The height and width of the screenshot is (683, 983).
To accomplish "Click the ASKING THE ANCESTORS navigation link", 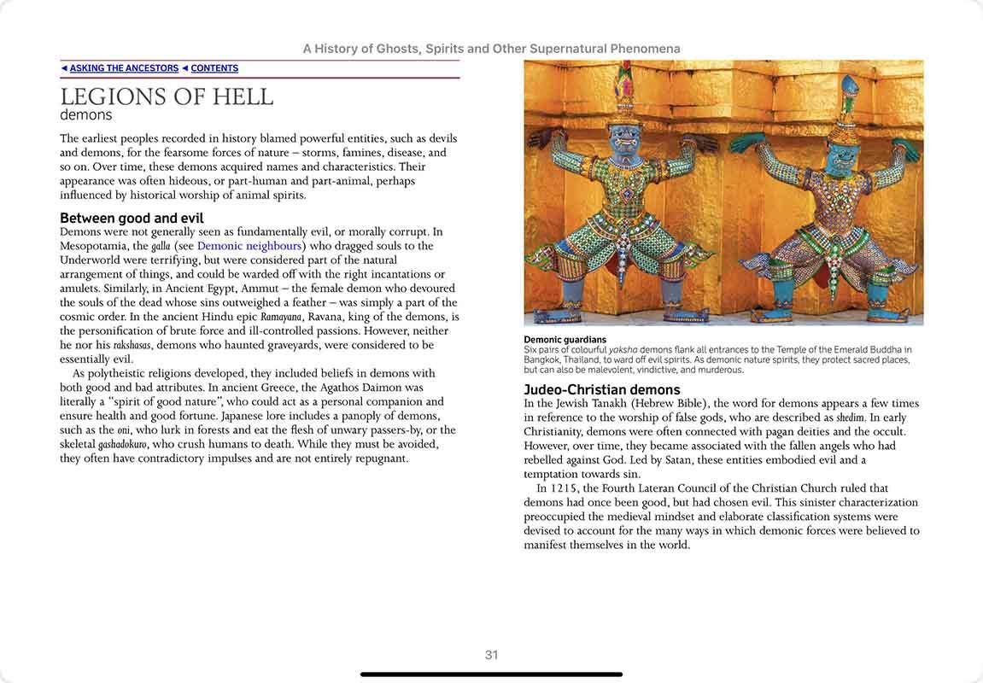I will [124, 68].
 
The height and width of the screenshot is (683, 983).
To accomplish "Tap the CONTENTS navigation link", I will [214, 68].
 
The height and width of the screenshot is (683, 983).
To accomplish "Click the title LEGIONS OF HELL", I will [167, 97].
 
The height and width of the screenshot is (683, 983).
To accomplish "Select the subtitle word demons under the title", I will [85, 115].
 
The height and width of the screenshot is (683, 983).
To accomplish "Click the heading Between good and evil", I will [132, 218].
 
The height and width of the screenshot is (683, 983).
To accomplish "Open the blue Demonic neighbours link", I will [249, 246].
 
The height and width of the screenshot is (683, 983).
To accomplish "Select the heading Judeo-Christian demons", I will [602, 390].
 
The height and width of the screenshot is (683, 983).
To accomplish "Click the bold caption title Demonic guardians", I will [565, 340].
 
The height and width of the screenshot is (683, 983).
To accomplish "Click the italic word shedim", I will [848, 417].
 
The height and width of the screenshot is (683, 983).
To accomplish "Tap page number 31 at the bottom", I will [491, 655].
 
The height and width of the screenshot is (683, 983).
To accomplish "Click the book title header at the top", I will [491, 49].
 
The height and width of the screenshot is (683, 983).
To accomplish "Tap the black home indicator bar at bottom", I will [491, 674].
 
